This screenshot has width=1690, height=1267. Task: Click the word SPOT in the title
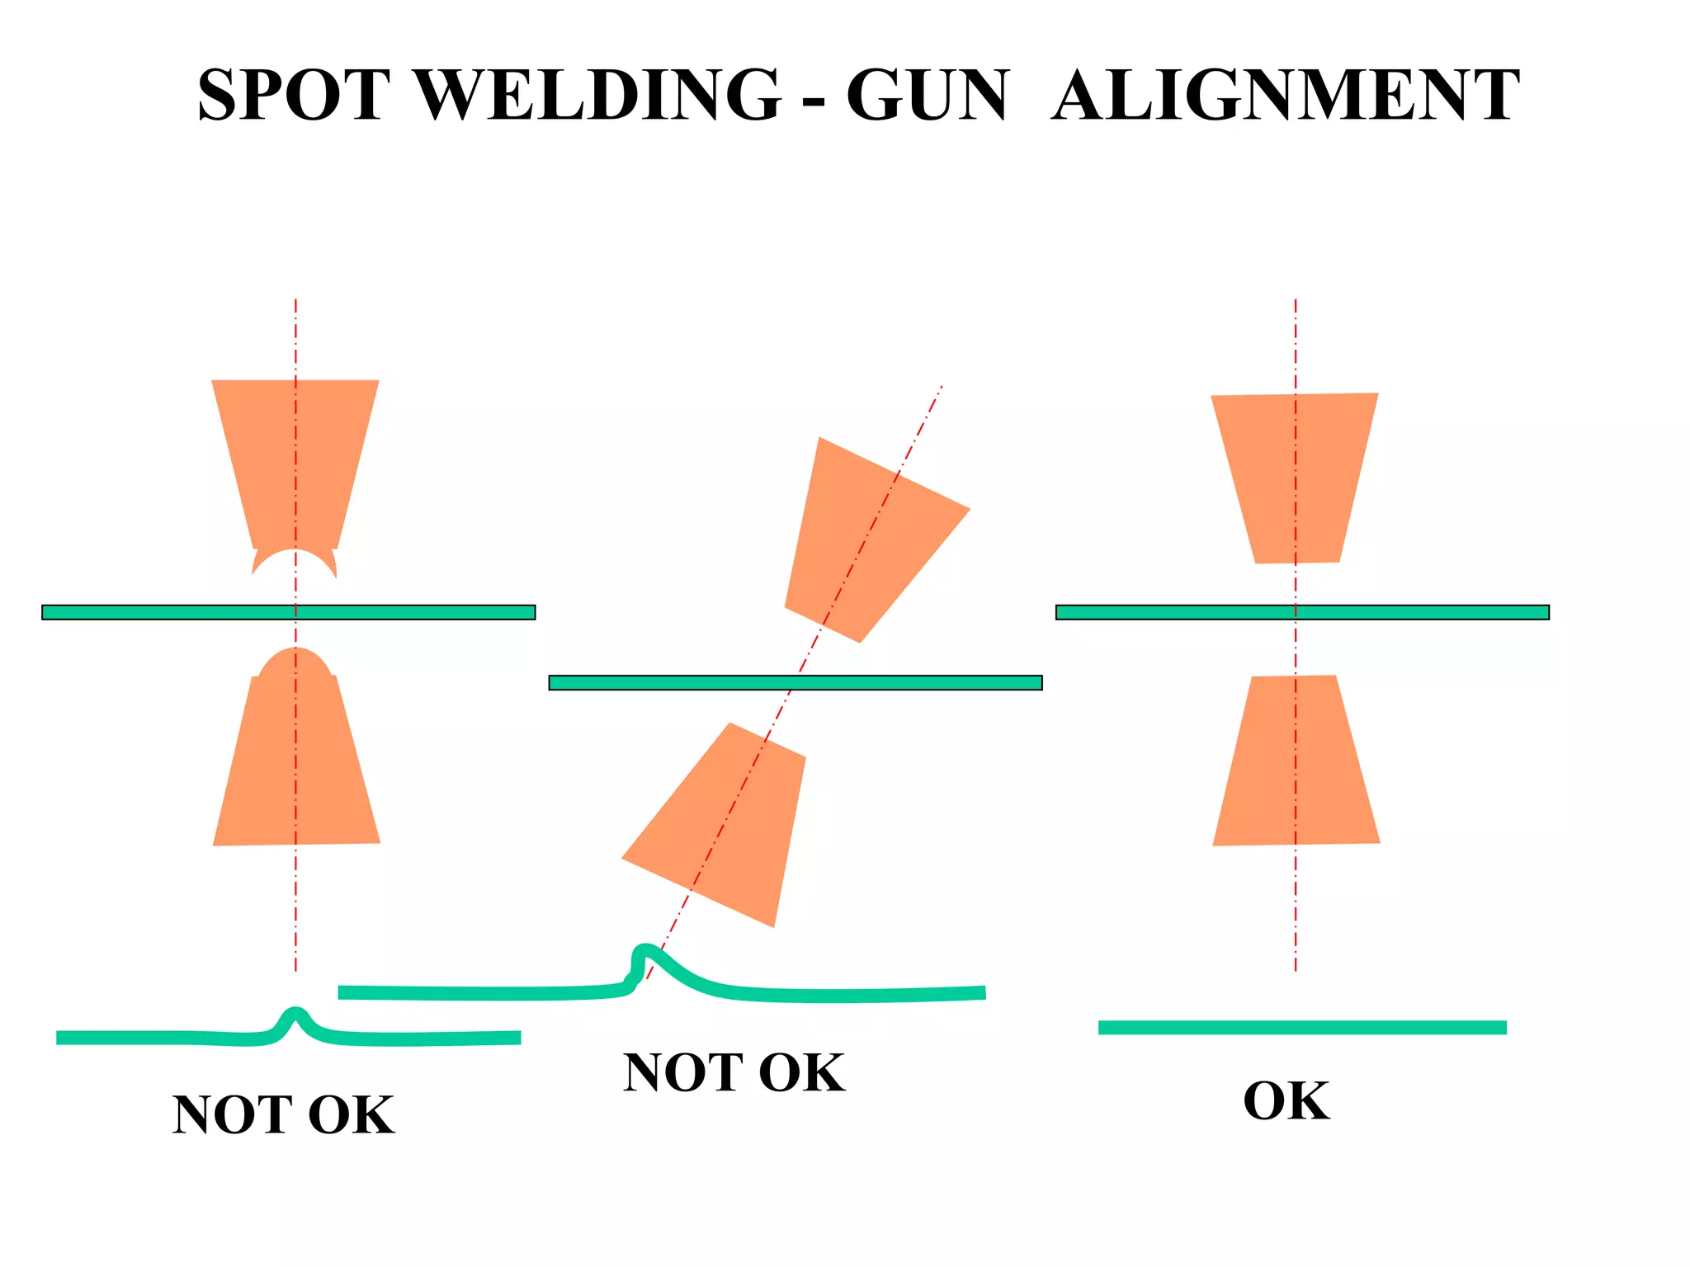294,95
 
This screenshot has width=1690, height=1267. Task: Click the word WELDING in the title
600,95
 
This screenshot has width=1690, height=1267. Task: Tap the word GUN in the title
927,95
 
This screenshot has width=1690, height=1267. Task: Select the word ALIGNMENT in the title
1285,95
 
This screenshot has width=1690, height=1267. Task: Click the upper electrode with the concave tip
295,462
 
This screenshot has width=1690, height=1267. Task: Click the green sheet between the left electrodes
289,612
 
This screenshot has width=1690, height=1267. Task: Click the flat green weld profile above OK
1302,1027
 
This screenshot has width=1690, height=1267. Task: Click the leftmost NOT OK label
283,1115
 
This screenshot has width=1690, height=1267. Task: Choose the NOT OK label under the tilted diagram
734,1073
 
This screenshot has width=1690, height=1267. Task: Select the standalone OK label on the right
1286,1101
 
